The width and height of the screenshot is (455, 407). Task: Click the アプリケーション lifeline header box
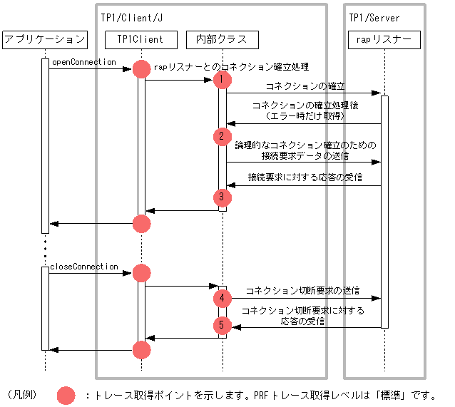[44, 40]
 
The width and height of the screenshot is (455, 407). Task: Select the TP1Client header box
[140, 40]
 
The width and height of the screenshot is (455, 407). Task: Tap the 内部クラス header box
[222, 40]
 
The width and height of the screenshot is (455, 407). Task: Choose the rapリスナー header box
[384, 40]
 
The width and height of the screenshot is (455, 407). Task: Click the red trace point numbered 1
[223, 78]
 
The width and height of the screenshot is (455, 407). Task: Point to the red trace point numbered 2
[223, 135]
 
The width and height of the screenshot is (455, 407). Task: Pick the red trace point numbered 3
[223, 197]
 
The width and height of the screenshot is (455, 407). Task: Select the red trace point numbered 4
[223, 297]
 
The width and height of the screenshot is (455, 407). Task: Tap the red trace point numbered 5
[223, 325]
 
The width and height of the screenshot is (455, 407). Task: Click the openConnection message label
[83, 63]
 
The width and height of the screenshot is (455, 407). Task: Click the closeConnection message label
[84, 267]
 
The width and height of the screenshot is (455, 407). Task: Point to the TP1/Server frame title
[374, 17]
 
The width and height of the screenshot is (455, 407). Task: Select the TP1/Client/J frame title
[131, 17]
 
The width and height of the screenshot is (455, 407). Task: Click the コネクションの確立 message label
[305, 86]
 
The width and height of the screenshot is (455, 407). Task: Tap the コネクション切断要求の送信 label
[302, 291]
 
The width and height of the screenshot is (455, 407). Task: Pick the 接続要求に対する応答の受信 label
[305, 177]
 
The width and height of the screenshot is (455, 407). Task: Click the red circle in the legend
[66, 395]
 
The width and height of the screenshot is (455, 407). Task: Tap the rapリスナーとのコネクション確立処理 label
[231, 67]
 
